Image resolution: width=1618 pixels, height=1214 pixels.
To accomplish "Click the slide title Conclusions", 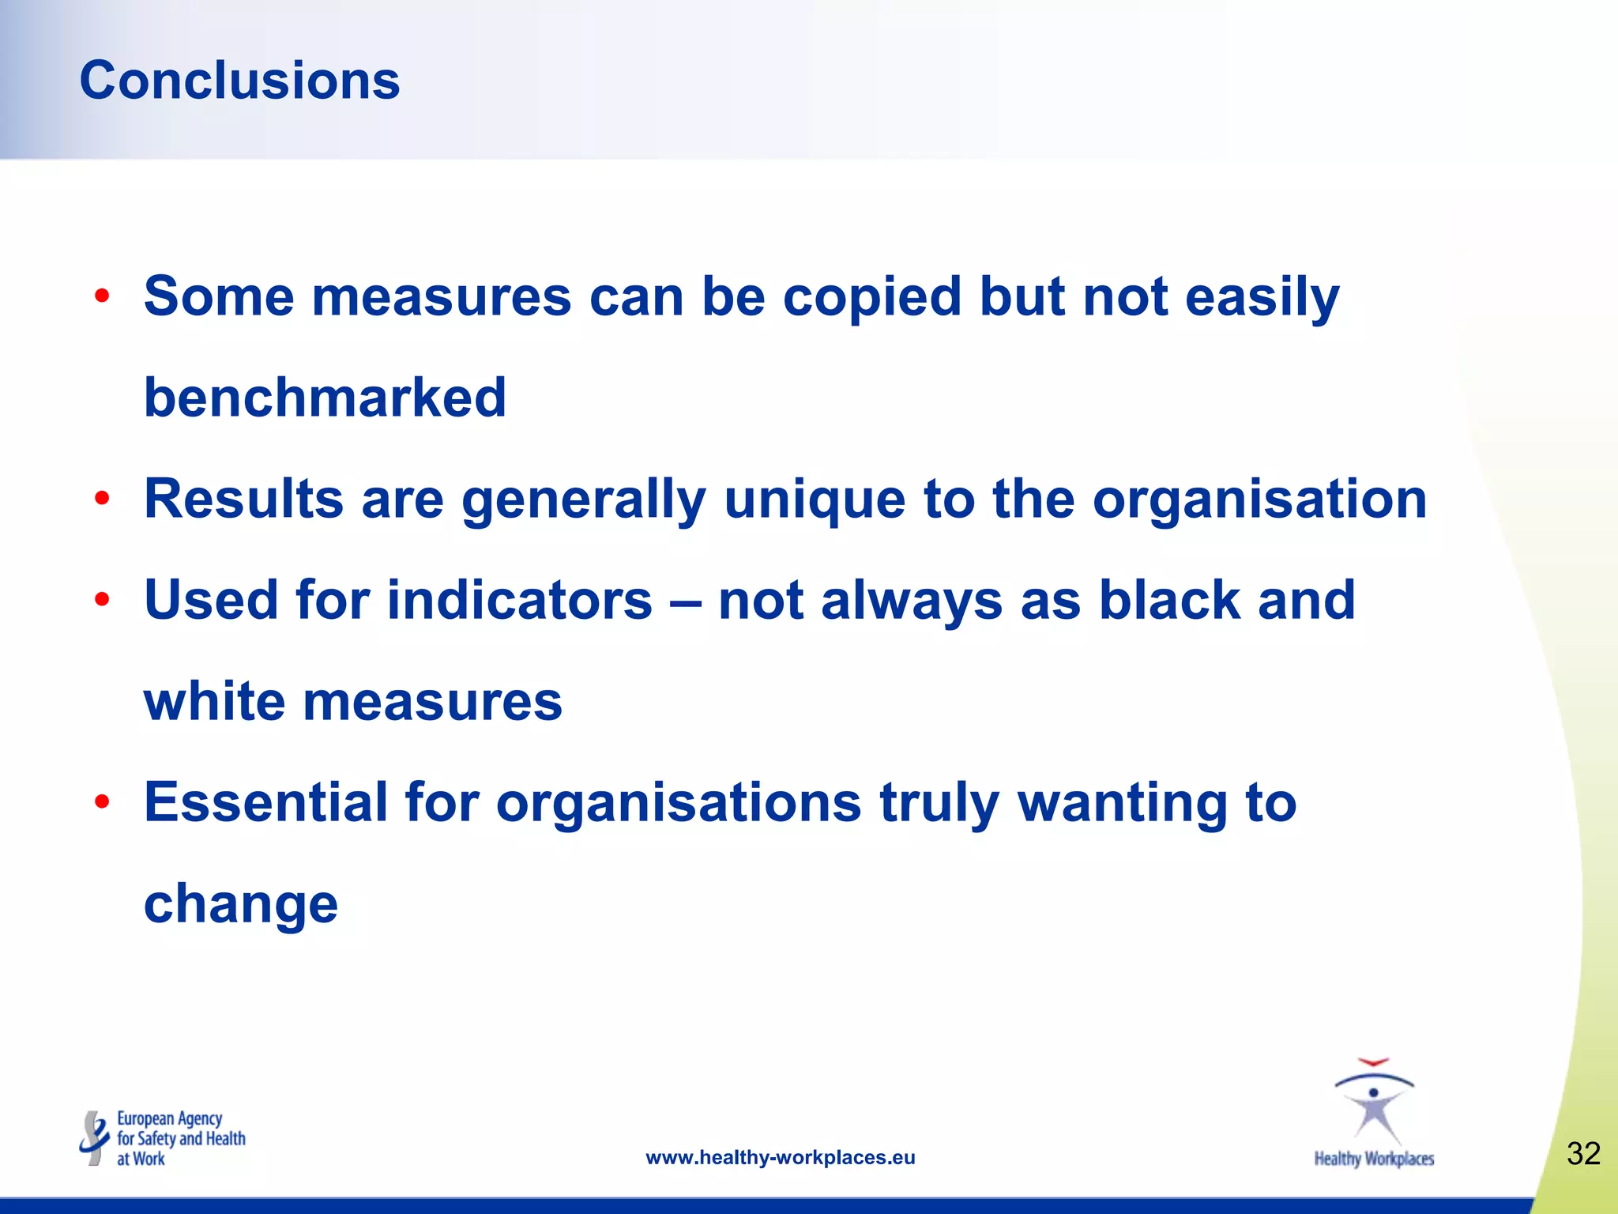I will coord(239,81).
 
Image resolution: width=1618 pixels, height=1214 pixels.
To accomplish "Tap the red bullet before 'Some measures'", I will coord(102,297).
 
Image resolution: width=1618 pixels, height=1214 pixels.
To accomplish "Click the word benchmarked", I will coord(325,398).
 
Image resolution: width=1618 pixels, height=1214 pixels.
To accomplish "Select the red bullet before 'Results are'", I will coord(102,500).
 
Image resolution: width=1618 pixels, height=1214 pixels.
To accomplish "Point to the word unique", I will coord(814,501).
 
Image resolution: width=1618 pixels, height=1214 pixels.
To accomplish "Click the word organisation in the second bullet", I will coord(1259,501).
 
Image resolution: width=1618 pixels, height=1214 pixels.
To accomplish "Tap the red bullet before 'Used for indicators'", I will coord(102,601).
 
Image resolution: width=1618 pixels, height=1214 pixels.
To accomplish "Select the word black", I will coord(1169,600).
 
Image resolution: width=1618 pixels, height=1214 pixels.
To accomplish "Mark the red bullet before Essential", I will coord(102,803).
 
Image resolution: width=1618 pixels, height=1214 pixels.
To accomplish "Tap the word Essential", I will coord(265,802).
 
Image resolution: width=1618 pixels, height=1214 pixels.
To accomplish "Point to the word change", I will coord(241,906).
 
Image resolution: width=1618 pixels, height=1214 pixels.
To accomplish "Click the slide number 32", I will coord(1583,1154).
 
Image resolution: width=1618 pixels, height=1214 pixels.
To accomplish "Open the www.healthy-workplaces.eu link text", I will coord(781,1158).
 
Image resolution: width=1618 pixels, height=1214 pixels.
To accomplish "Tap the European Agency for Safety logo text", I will coord(180,1139).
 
